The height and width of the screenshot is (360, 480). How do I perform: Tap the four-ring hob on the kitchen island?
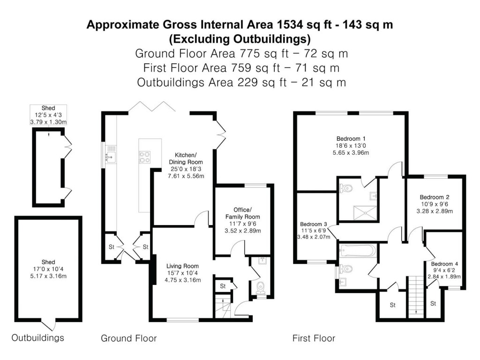(x=144, y=157)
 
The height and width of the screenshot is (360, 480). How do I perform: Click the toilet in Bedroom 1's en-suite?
(x=345, y=188)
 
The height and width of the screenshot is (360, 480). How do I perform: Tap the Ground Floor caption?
(x=129, y=338)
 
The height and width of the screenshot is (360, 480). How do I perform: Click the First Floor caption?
(x=314, y=338)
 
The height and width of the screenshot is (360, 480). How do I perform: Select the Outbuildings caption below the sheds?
(x=37, y=337)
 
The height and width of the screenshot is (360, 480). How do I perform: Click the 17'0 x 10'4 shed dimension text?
(x=48, y=269)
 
